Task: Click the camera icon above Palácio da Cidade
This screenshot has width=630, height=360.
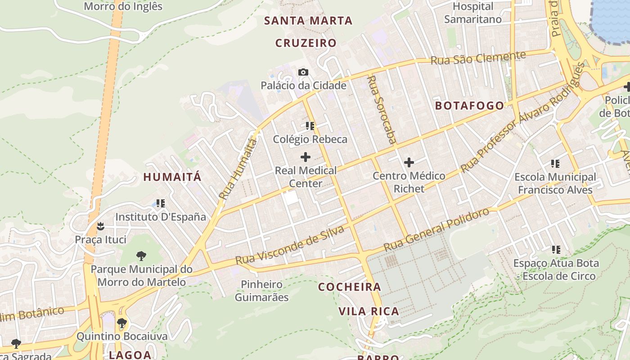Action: click(303, 72)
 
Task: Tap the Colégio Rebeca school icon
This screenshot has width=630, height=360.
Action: click(310, 126)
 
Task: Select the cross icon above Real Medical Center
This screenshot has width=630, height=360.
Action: click(306, 157)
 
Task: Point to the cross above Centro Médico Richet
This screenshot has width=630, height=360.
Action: click(409, 162)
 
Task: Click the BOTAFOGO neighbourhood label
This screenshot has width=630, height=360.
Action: click(470, 106)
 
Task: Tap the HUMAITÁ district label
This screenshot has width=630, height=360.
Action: click(172, 177)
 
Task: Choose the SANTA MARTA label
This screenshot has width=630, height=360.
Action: click(308, 21)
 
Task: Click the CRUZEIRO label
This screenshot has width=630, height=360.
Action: click(306, 43)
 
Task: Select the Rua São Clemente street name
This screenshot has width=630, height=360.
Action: click(478, 58)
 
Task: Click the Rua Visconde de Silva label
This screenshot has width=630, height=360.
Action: click(290, 246)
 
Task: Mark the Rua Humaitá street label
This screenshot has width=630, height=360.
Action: click(238, 169)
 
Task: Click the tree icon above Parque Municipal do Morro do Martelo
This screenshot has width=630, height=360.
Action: click(141, 256)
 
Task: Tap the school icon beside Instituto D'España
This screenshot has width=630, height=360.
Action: click(160, 203)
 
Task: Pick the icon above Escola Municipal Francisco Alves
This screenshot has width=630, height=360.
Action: click(555, 163)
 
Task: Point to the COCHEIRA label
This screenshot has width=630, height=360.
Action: click(350, 287)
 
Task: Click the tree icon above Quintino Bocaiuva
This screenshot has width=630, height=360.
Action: click(121, 323)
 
